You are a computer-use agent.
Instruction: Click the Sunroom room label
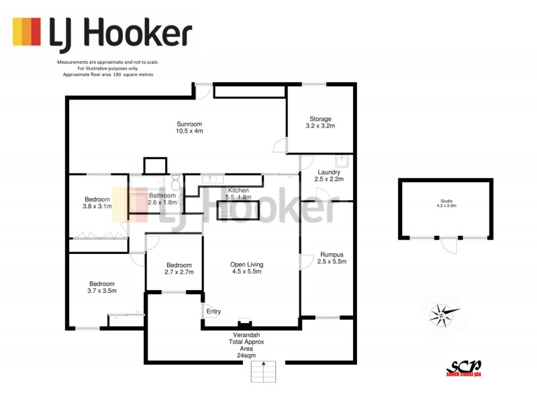point(189,128)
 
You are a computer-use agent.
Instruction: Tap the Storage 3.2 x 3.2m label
point(320,122)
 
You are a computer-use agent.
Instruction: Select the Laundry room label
point(330,176)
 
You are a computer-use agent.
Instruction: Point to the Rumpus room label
point(332,258)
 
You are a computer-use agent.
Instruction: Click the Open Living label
point(246,268)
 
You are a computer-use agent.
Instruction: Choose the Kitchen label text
point(239,193)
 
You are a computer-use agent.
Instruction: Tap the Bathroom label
point(162,199)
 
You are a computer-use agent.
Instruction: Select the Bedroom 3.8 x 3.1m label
point(97,204)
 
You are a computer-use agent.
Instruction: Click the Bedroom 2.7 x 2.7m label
point(179,269)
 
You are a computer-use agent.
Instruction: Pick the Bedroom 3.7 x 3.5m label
point(97,287)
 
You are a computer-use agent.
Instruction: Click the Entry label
point(213,311)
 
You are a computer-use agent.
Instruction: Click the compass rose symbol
point(444,313)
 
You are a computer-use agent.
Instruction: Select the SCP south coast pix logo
point(465,367)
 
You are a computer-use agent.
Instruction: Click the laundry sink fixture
point(342,161)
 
